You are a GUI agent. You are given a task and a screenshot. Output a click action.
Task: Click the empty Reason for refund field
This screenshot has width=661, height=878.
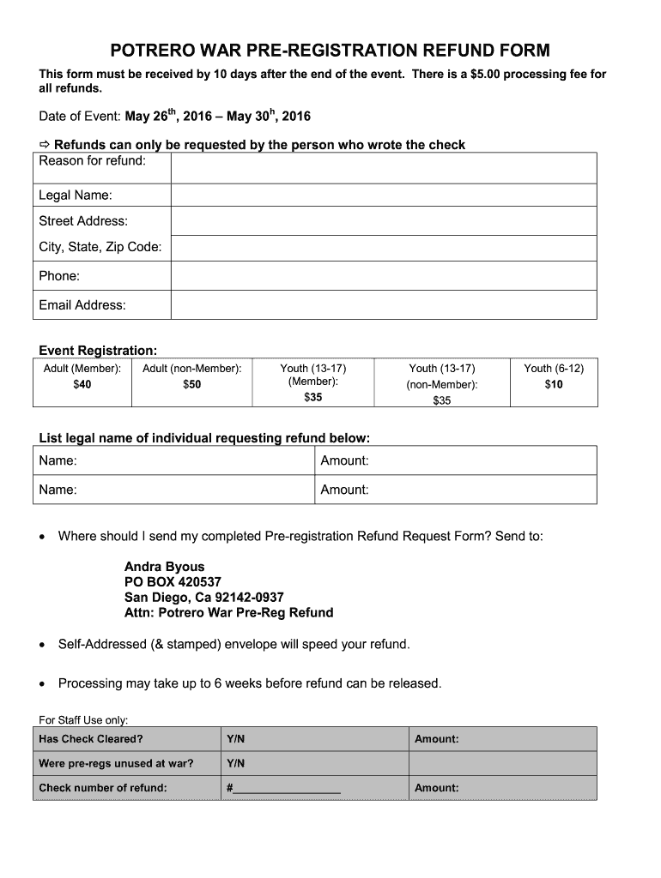pos(383,167)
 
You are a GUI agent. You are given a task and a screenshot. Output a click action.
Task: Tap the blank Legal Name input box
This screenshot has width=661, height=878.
pos(383,195)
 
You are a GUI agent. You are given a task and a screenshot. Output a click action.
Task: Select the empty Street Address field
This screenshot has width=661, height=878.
pos(383,221)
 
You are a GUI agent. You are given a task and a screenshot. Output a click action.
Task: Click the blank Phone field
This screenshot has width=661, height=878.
pos(383,276)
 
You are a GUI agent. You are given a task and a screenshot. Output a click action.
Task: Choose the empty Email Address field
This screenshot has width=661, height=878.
pos(383,305)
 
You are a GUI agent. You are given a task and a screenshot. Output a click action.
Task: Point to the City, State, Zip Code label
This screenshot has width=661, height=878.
pos(100,247)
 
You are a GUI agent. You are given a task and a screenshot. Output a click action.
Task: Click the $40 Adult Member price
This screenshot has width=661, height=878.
pos(82,384)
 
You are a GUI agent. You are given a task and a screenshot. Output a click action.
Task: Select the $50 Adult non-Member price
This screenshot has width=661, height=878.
pos(192,384)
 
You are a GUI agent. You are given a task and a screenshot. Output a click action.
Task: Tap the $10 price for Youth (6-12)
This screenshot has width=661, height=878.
pos(554,384)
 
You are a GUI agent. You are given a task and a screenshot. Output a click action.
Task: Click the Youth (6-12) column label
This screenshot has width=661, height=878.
pos(554,368)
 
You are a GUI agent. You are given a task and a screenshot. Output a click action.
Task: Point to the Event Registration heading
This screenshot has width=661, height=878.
pos(98,351)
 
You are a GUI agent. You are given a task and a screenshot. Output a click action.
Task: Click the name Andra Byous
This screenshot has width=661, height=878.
pos(165,567)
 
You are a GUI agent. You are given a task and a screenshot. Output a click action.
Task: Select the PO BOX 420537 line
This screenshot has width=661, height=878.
pos(173,582)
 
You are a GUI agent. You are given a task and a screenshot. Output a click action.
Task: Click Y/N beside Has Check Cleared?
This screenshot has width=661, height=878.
pos(236,739)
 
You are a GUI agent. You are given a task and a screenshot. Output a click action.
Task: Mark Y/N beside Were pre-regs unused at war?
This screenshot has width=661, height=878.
pos(236,763)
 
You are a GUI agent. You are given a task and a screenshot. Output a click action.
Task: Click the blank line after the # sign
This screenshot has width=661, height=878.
pos(288,788)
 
